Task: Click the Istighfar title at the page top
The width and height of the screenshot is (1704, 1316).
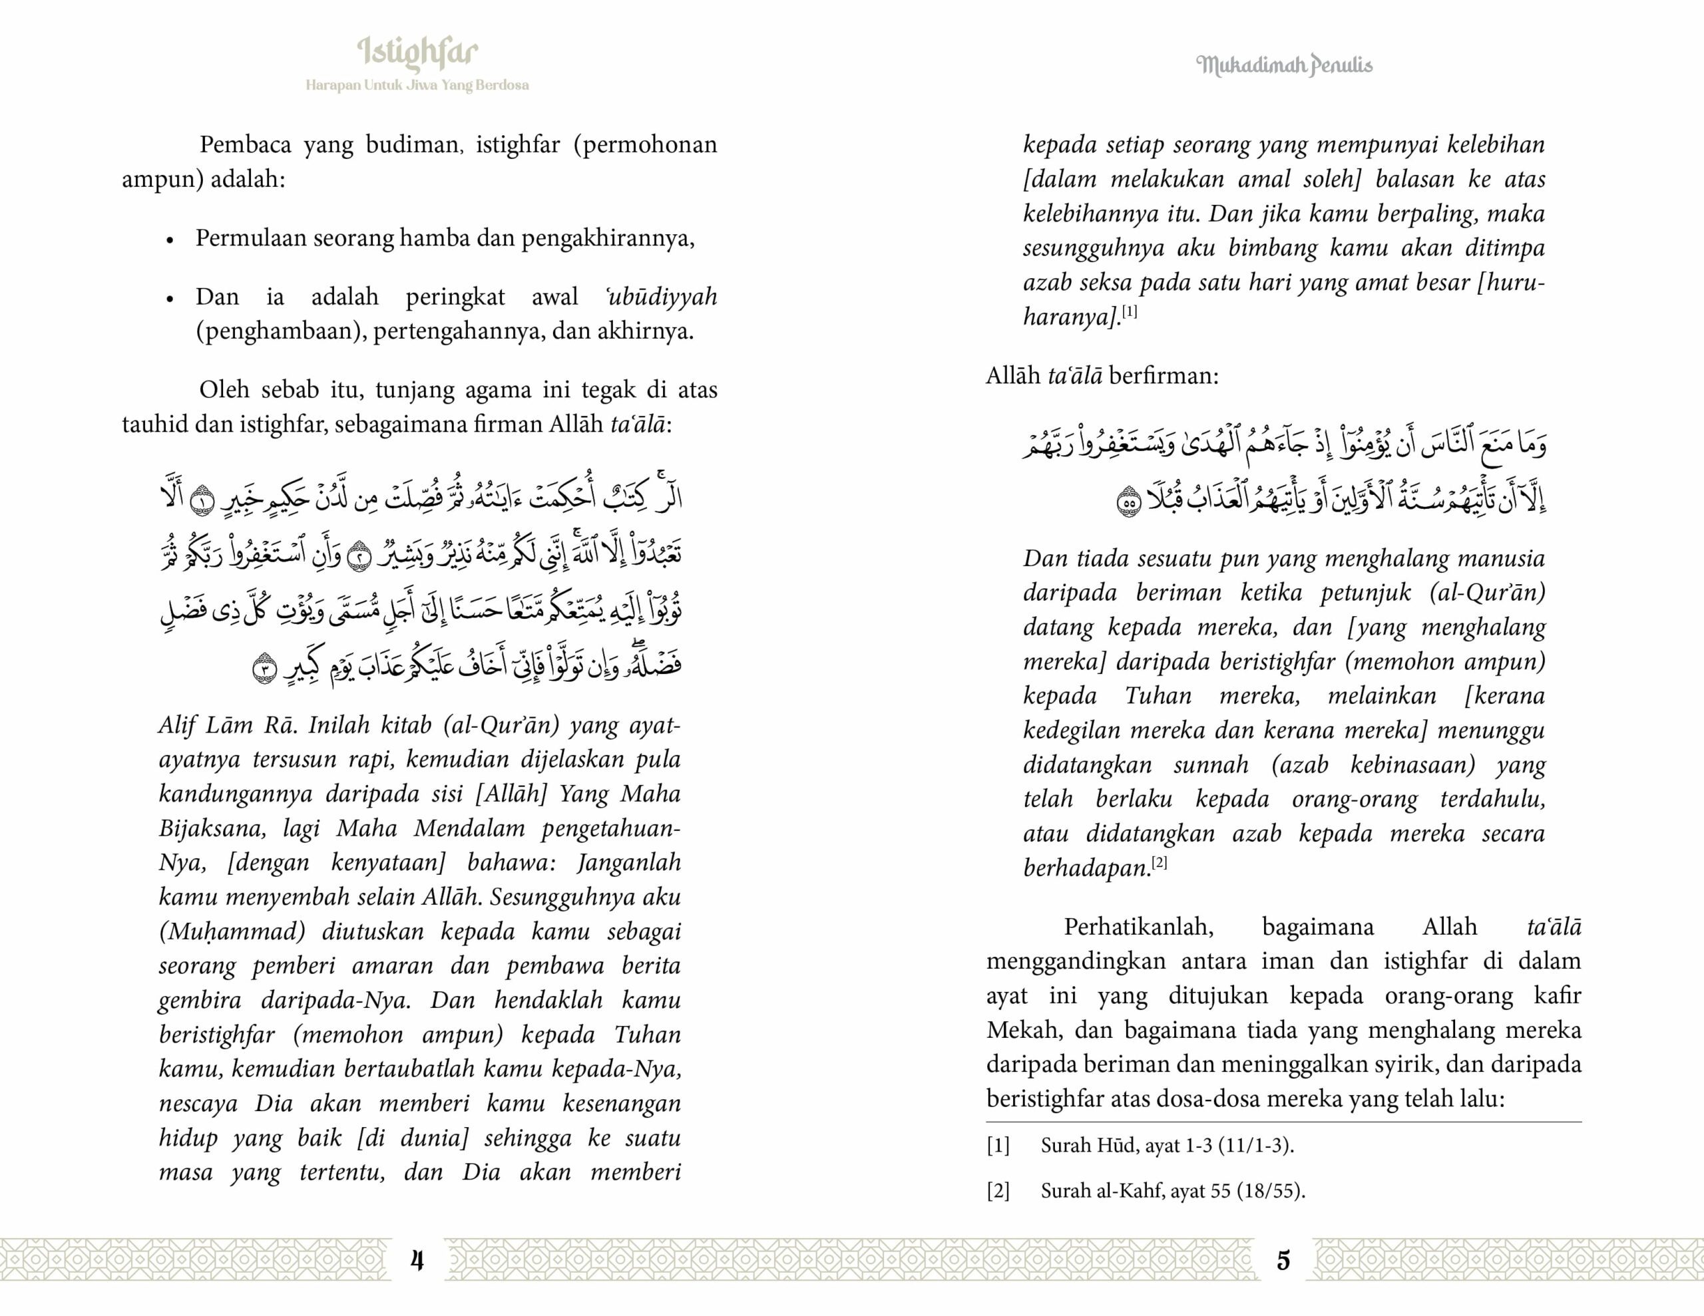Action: [417, 53]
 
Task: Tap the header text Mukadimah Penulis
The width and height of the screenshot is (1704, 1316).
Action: [1283, 65]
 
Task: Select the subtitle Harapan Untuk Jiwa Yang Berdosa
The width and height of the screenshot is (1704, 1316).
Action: [417, 85]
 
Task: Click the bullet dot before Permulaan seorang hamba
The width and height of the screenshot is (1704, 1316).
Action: [169, 240]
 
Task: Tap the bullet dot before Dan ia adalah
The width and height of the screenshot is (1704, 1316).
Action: [169, 299]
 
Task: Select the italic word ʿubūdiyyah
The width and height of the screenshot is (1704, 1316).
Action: [661, 297]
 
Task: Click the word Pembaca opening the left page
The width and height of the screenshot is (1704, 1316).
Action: [245, 145]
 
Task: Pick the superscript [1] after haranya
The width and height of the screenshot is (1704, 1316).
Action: [1129, 312]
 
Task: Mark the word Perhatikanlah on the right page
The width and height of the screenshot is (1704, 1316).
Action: [1138, 927]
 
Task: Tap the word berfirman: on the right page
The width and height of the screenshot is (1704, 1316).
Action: [1164, 376]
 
